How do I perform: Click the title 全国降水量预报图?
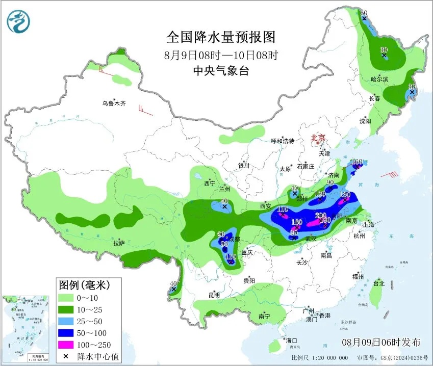point(220,37)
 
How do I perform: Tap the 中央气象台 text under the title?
point(220,71)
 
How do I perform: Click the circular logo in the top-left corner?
point(18,21)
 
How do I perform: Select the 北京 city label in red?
point(319,138)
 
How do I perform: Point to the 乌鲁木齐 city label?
point(113,103)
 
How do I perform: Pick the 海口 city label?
point(291,341)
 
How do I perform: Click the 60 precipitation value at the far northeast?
point(364,13)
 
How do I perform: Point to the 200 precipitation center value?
point(320,215)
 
